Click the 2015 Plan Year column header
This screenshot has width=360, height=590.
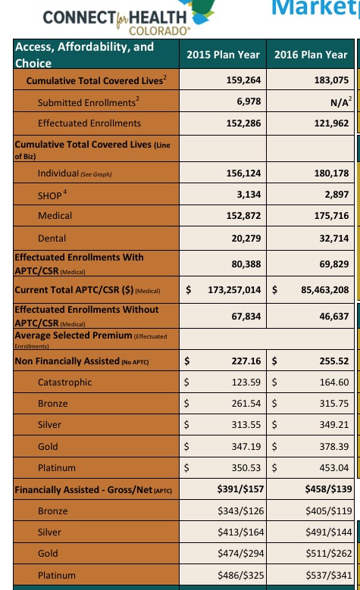[223, 55]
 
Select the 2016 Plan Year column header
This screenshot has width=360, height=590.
[311, 55]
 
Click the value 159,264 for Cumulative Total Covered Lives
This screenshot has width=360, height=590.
[243, 80]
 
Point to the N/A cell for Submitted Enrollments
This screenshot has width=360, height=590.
[341, 101]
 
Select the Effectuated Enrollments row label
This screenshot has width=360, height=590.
[89, 123]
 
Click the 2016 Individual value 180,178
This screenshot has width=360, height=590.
[331, 173]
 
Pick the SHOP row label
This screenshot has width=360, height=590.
[52, 195]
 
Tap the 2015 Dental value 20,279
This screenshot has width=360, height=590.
[246, 238]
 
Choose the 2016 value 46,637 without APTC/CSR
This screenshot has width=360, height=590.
[334, 317]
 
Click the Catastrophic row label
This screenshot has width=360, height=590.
[64, 382]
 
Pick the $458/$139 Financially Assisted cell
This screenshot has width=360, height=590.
[328, 489]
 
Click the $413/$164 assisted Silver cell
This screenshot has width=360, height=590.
[240, 532]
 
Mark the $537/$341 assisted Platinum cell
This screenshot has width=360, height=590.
[328, 576]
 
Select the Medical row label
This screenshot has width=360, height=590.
[55, 216]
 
